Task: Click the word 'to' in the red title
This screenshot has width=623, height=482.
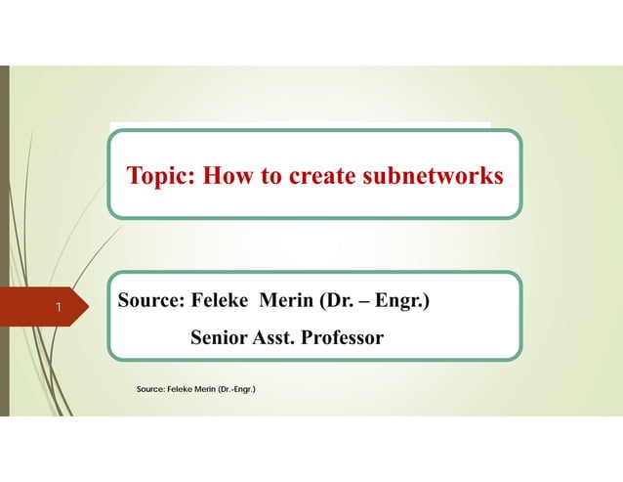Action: [270, 176]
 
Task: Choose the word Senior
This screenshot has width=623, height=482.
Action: [220, 338]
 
